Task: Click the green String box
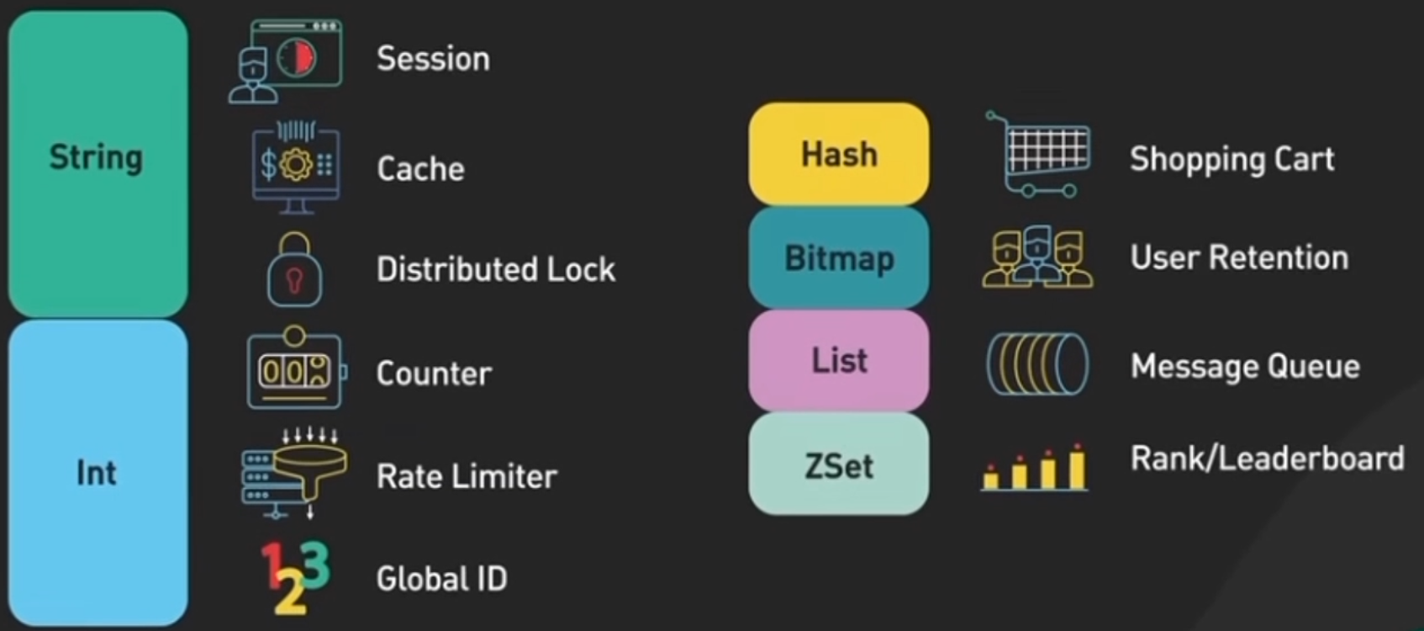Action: (x=98, y=160)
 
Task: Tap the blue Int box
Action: (x=98, y=473)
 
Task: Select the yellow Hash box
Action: (x=839, y=154)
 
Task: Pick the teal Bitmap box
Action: (x=839, y=257)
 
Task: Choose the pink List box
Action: (x=839, y=360)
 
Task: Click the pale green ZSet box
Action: (x=839, y=464)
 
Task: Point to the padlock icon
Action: (x=294, y=271)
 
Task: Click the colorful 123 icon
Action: (x=295, y=576)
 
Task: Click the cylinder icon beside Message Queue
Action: (x=1037, y=364)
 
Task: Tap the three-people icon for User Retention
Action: (x=1038, y=257)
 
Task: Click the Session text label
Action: (x=433, y=59)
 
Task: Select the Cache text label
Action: (x=420, y=168)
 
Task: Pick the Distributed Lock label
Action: (x=496, y=269)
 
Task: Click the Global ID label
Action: (x=442, y=578)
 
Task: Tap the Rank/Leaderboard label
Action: (x=1267, y=459)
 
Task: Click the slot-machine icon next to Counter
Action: (x=294, y=370)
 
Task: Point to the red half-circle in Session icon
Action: (x=304, y=56)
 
